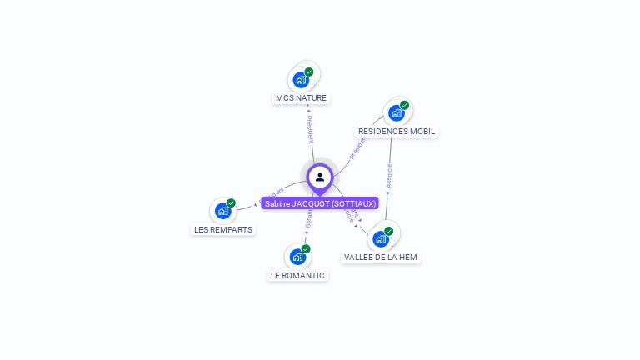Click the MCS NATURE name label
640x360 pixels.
[301, 98]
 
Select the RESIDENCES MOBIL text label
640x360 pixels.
[397, 132]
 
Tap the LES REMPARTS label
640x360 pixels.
[223, 229]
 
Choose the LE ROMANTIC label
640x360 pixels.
[297, 275]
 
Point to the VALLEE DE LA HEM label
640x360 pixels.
[381, 257]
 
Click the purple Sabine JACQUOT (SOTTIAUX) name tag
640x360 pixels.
[321, 203]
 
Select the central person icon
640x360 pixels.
[320, 177]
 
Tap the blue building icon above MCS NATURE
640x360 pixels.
[301, 81]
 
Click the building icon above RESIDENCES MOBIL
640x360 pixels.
[396, 113]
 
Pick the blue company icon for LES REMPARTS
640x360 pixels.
[222, 211]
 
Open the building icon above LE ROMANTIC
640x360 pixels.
[297, 257]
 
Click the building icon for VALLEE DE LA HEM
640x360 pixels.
[380, 239]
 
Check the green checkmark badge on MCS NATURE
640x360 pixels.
[309, 72]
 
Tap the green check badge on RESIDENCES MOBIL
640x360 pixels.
[404, 105]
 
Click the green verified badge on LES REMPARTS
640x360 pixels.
[231, 202]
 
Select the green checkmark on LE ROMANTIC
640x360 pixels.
[306, 248]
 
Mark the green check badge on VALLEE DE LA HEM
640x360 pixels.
[388, 231]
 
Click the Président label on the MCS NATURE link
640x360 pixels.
[310, 129]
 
